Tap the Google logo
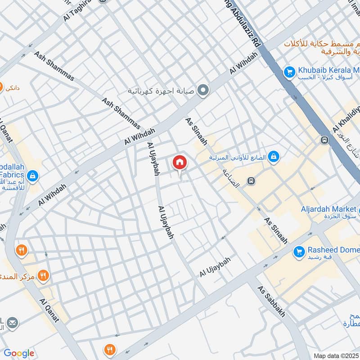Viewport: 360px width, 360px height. [x=18, y=353]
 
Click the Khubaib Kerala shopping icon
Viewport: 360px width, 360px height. [x=289, y=71]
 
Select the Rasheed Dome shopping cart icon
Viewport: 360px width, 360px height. [x=298, y=252]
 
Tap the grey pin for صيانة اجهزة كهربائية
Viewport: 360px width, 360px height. [x=203, y=90]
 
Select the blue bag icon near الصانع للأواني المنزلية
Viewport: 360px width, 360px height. [x=273, y=157]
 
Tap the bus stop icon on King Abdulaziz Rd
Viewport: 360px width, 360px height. [x=324, y=140]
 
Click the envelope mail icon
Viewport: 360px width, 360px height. [x=13, y=323]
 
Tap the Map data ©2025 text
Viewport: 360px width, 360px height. [x=335, y=355]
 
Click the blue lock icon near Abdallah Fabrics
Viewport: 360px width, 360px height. [x=32, y=175]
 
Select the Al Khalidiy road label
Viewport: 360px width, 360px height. [x=346, y=117]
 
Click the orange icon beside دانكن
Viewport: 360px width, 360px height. [x=1, y=86]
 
